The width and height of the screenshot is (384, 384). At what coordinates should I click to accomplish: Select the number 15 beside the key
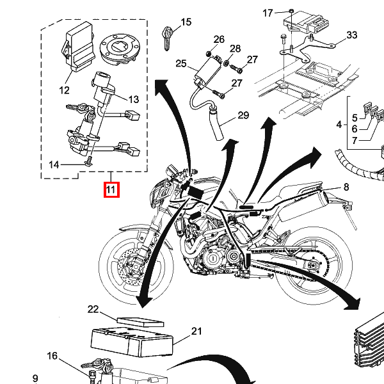click(186, 23)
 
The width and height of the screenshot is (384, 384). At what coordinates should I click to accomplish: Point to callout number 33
click(351, 35)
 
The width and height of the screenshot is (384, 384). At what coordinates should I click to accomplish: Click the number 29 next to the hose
click(243, 116)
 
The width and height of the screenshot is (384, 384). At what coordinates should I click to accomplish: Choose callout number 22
click(93, 310)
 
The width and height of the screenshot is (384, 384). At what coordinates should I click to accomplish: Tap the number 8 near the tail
click(346, 187)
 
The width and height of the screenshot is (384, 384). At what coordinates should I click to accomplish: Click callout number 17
click(268, 13)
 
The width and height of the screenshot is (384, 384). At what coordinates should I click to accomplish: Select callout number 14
click(54, 164)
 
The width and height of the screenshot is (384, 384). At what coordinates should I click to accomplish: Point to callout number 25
click(180, 64)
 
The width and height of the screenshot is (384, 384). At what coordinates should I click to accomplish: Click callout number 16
click(52, 356)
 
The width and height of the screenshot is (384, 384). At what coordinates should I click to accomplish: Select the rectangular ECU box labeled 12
click(77, 44)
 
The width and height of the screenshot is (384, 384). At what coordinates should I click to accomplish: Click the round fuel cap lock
click(120, 50)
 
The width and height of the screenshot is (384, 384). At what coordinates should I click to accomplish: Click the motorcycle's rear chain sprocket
click(312, 268)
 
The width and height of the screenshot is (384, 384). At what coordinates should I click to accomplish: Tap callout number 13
click(133, 99)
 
